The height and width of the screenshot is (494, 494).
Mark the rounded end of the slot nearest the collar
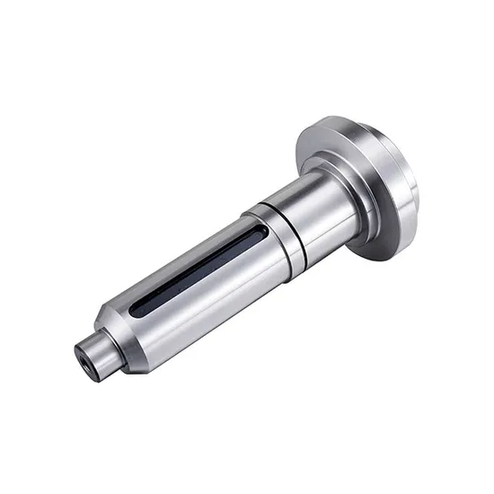coord(260,233)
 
